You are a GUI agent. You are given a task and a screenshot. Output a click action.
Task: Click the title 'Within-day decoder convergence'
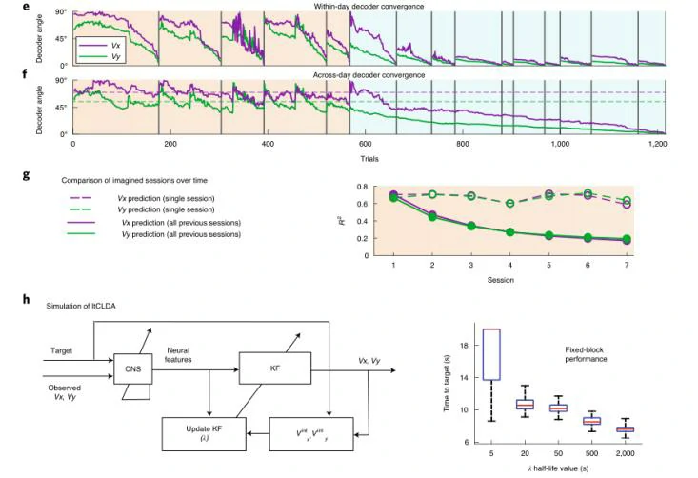pyautogui.click(x=369, y=7)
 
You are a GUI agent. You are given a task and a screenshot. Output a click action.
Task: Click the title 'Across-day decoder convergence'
pyautogui.click(x=369, y=74)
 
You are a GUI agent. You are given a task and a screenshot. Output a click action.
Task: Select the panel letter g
pyautogui.click(x=26, y=176)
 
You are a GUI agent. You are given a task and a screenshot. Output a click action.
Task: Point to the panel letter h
pyautogui.click(x=26, y=299)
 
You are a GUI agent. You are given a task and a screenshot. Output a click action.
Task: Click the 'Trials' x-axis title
pyautogui.click(x=369, y=156)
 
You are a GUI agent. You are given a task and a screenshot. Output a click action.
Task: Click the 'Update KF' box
pyautogui.click(x=205, y=433)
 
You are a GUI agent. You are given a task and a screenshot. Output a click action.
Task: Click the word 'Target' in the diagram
pyautogui.click(x=63, y=351)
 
